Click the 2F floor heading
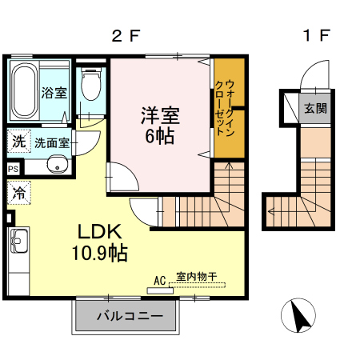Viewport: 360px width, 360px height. [126, 35]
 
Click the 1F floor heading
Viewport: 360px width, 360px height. [317, 35]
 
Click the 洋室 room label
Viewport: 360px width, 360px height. [160, 114]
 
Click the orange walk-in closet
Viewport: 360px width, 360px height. [230, 108]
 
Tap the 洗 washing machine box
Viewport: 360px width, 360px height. [18, 141]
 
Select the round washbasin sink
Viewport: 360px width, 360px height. [56, 166]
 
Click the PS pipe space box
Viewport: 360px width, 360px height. [13, 169]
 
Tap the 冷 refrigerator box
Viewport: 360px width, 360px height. [18, 192]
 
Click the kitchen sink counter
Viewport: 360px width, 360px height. [18, 256]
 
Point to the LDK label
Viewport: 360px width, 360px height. [98, 231]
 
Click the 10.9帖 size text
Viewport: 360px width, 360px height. [100, 254]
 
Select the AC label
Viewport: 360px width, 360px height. [159, 281]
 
